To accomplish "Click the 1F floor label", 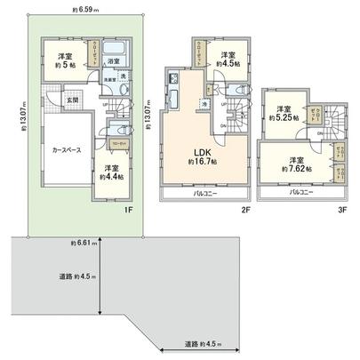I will click(x=128, y=211).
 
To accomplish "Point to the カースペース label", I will click(x=60, y=150).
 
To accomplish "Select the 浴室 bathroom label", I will click(x=114, y=61).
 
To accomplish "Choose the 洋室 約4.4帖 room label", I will click(x=110, y=172).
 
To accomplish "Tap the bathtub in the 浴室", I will click(x=116, y=48).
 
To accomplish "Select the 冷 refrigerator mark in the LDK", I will click(x=204, y=105).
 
